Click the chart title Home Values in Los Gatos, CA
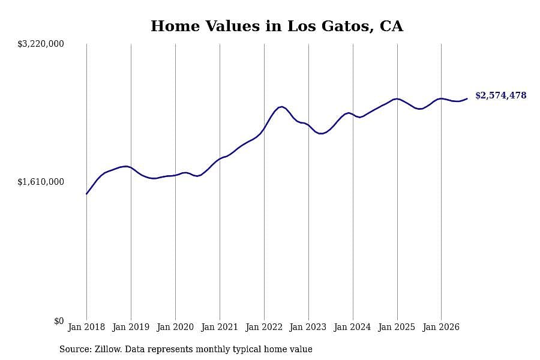coord(277,26)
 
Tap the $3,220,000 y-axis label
coord(41,44)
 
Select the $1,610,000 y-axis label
coord(41,182)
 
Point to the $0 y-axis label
coord(59,321)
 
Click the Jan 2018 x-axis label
coord(86,327)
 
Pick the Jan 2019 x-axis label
coord(131,327)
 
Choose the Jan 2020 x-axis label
coord(175,327)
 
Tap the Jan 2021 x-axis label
coord(220,327)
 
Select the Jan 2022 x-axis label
coord(264,327)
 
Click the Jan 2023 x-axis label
coord(308,327)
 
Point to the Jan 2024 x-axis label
coord(353,327)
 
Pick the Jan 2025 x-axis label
coord(397,327)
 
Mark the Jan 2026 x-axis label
coord(441,327)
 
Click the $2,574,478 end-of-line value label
coord(501,95)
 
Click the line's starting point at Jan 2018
coord(86,194)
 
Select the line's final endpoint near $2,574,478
coord(467,98)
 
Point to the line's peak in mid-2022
coord(282,107)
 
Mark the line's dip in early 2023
coord(321,133)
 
